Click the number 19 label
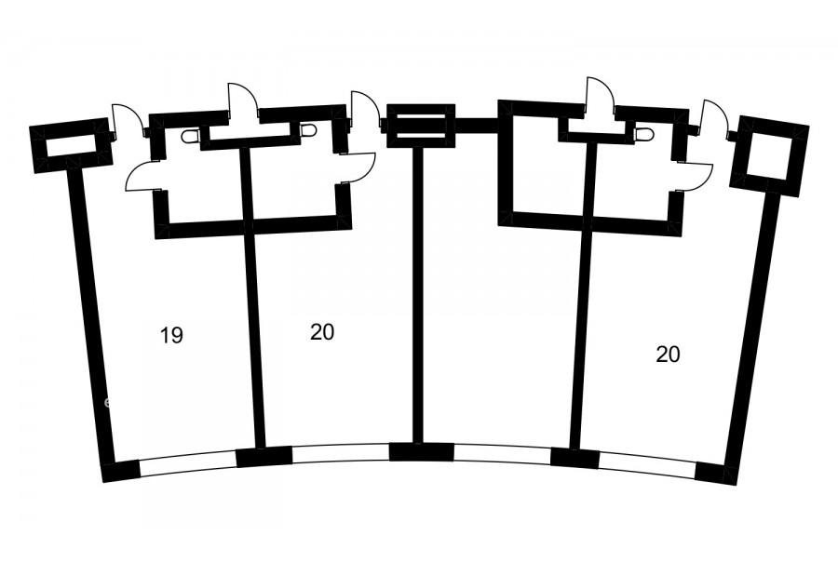coord(171,336)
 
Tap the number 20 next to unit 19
coord(322,332)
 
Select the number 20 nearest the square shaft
coord(668,354)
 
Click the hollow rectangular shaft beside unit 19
coord(72,145)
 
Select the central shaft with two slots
coord(421,126)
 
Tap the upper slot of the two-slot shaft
coord(421,119)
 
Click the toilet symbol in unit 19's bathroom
coord(190,137)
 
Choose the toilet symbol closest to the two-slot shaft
coord(309,130)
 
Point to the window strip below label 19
coord(187,462)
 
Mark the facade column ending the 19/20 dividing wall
coord(264,456)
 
